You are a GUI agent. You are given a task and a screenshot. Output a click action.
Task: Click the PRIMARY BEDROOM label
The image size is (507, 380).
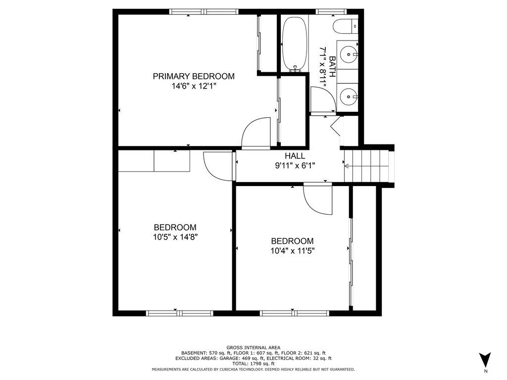click(x=193, y=76)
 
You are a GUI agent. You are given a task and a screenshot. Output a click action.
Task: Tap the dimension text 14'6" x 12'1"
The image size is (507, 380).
click(x=193, y=86)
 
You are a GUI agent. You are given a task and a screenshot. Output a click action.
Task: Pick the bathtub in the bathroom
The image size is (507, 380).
click(x=295, y=44)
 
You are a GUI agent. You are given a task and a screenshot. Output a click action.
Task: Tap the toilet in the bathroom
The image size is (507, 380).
click(x=346, y=26)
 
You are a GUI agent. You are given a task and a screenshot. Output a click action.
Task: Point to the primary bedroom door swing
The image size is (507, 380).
click(x=256, y=133)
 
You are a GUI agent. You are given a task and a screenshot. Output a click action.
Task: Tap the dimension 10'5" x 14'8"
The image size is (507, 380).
click(x=175, y=237)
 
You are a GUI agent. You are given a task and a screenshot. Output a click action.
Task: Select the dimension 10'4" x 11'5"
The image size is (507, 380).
click(x=292, y=250)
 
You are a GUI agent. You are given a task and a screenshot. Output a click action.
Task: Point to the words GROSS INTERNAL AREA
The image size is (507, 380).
click(x=253, y=347)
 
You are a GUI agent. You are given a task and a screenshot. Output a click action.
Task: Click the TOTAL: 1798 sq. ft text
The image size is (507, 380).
click(x=253, y=364)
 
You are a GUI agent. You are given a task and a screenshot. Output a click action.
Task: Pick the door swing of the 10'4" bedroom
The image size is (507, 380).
click(x=317, y=199)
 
